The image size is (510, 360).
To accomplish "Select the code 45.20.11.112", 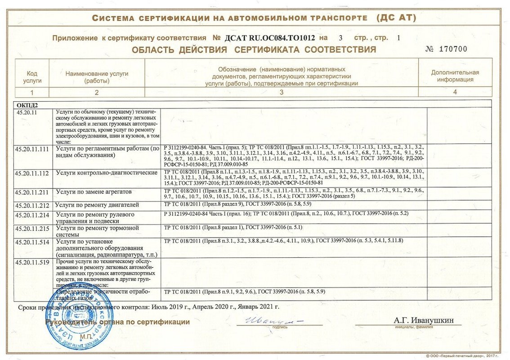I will (31, 172).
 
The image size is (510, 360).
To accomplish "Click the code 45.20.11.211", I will (31, 192).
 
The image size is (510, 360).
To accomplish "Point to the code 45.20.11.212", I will (31, 205).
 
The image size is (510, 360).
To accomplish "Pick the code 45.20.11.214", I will (31, 215).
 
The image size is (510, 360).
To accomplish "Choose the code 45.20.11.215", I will (31, 228).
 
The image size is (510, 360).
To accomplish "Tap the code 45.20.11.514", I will (31, 242).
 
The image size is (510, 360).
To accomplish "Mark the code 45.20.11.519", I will (31, 261).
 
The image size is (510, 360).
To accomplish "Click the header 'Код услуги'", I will (32, 76).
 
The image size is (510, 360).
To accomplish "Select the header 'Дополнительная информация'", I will (455, 76).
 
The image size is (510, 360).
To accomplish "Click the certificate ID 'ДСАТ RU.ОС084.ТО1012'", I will (269, 38).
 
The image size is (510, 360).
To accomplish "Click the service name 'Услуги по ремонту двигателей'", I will (97, 205).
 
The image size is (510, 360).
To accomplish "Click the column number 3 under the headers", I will (281, 92).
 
